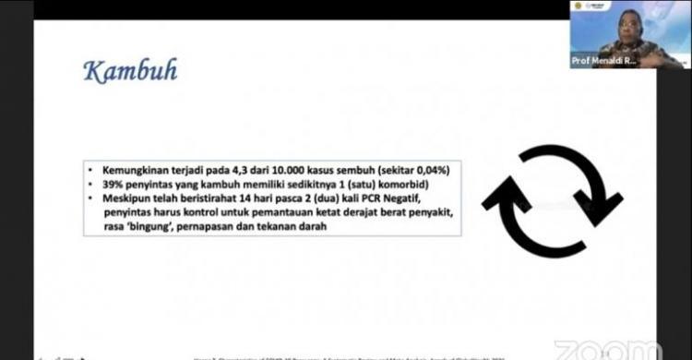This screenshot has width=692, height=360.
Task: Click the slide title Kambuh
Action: click(x=129, y=71)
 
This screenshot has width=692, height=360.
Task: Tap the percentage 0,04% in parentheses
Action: click(x=435, y=171)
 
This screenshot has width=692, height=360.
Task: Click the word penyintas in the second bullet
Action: click(x=147, y=185)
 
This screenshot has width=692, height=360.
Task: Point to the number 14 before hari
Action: click(x=261, y=198)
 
